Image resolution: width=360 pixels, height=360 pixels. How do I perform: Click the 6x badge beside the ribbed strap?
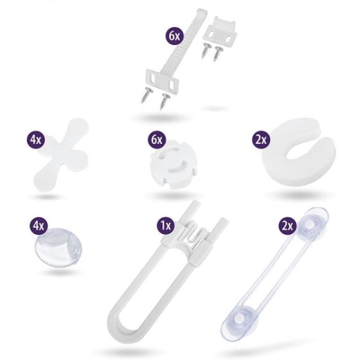tap(174, 36)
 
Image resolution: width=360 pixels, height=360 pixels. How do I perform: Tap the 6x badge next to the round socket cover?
tap(157, 139)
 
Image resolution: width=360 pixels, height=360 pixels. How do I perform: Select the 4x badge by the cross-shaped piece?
tap(35, 139)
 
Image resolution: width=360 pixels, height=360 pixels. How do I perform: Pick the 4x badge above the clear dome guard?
tap(39, 226)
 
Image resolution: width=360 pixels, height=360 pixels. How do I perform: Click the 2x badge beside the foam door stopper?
tap(261, 139)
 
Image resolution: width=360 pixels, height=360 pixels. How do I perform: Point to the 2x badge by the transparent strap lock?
tap(287, 226)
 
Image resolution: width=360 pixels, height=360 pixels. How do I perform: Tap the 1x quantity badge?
tap(166, 226)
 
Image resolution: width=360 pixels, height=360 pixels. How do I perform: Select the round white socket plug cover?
tap(174, 165)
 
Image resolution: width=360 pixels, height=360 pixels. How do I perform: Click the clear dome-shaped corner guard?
tap(59, 248)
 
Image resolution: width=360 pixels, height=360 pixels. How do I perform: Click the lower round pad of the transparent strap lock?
tap(238, 319)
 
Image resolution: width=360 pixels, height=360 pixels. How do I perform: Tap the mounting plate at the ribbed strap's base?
tap(162, 82)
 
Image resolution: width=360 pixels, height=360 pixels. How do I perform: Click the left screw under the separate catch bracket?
tap(206, 50)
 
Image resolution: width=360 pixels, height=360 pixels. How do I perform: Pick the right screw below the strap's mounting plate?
tap(165, 102)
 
